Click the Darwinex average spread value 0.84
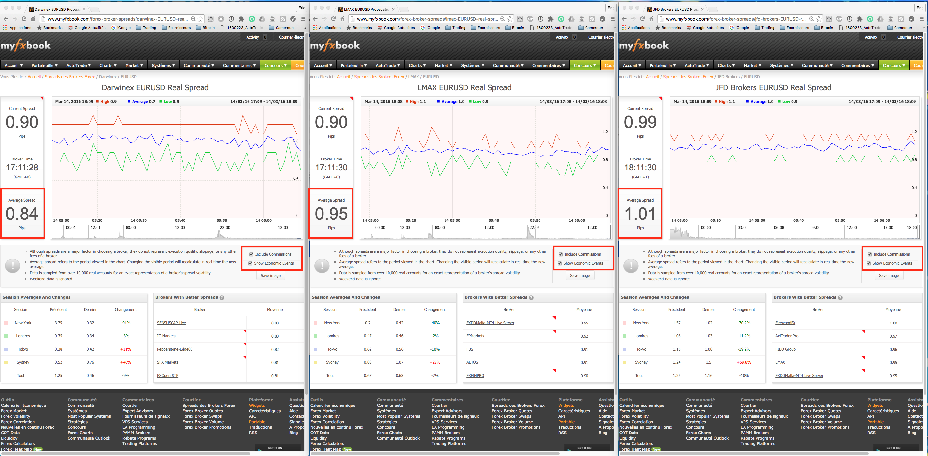pyautogui.click(x=22, y=214)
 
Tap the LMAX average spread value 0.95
pyautogui.click(x=331, y=214)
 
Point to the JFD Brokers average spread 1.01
pyautogui.click(x=640, y=214)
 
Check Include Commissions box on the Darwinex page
pyautogui.click(x=251, y=254)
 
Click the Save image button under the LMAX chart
pyautogui.click(x=580, y=276)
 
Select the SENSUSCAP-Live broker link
pyautogui.click(x=172, y=323)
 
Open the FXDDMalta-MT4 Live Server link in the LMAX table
pyautogui.click(x=490, y=323)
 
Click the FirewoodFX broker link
pyautogui.click(x=785, y=323)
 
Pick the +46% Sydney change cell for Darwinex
pyautogui.click(x=125, y=362)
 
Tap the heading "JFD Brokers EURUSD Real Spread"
pyautogui.click(x=773, y=88)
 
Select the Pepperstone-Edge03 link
pyautogui.click(x=175, y=349)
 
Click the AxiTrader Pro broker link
pyautogui.click(x=787, y=336)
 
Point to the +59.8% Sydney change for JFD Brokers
pyautogui.click(x=744, y=362)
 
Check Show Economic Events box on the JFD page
pyautogui.click(x=869, y=263)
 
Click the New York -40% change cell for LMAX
pyautogui.click(x=435, y=323)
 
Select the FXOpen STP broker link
pyautogui.click(x=167, y=376)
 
